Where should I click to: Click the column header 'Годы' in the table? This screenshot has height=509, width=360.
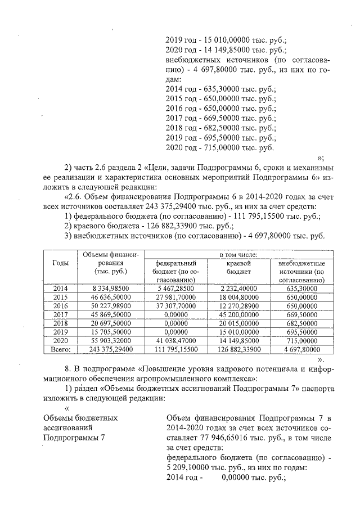point(60,263)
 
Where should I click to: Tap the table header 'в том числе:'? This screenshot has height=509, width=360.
point(238,255)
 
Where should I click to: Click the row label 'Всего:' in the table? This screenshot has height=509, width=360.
point(60,349)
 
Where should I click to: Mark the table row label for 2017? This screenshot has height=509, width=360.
point(60,314)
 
